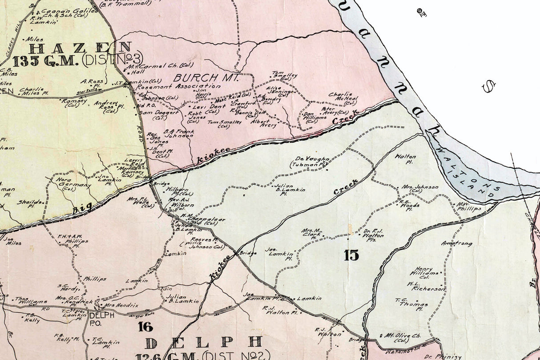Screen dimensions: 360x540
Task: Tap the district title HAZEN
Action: coord(80,48)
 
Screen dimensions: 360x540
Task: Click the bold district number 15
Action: coord(351,255)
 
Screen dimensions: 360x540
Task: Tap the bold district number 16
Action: coord(145,327)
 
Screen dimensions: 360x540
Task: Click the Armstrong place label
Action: coord(456,243)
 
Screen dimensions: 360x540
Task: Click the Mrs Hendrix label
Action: coord(121,306)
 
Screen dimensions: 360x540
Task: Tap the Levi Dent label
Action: coord(209,107)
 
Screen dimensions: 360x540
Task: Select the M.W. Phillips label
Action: coord(469,206)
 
